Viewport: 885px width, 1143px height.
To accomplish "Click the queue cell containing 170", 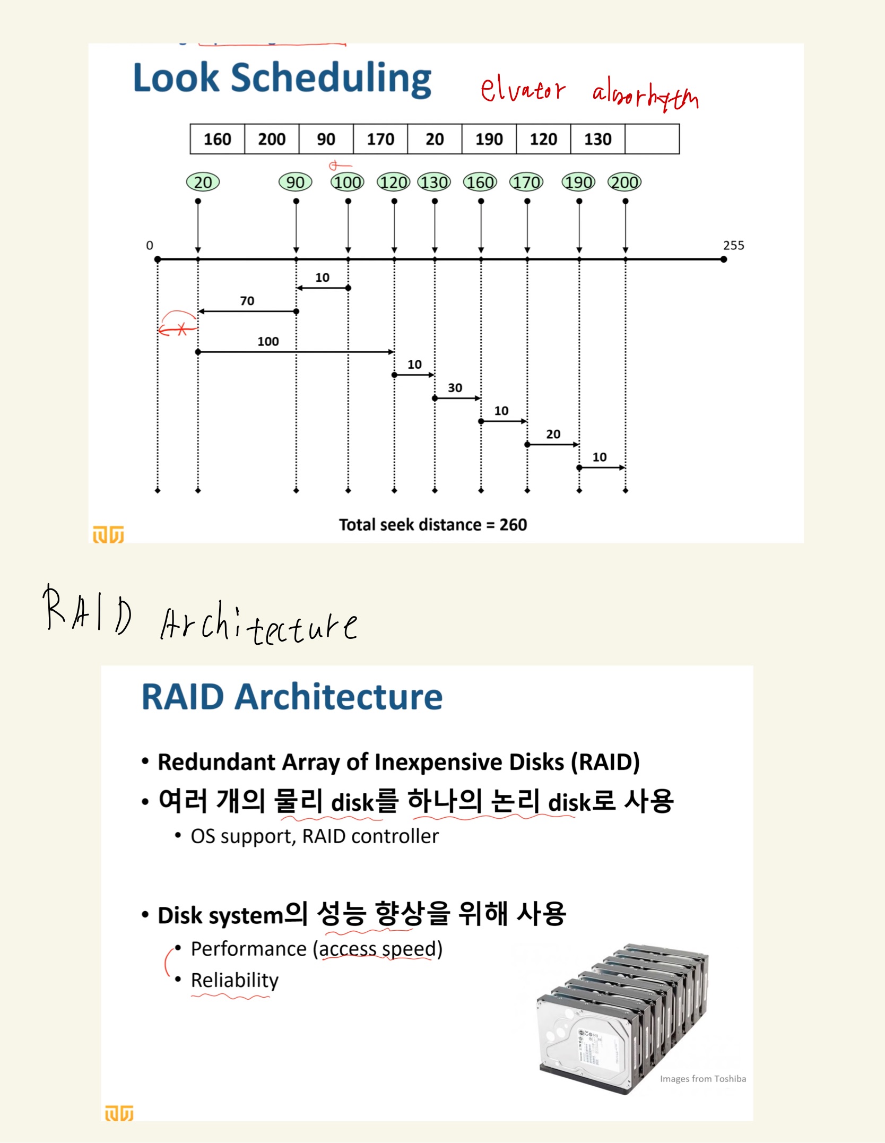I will click(x=380, y=140).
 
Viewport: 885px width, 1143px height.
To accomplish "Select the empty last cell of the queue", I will click(x=652, y=140).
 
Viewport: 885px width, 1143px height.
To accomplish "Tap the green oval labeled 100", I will click(x=348, y=183).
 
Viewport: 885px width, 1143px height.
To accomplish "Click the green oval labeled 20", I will click(x=203, y=183).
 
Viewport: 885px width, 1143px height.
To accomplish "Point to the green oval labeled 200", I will click(x=624, y=183).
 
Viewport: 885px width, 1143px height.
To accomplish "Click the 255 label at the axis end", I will click(x=733, y=246).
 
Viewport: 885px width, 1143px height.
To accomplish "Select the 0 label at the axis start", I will click(x=150, y=246).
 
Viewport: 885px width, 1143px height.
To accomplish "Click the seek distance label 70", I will click(x=247, y=301).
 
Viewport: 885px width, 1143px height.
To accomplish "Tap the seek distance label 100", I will click(x=268, y=342).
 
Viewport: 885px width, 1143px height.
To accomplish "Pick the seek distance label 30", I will click(x=455, y=388).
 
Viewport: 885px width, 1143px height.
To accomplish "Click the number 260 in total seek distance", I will click(x=513, y=525).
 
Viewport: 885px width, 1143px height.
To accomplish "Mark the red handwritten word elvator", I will click(x=523, y=90).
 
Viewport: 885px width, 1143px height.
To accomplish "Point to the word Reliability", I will click(x=235, y=980).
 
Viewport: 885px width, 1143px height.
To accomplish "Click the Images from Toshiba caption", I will click(x=702, y=1079).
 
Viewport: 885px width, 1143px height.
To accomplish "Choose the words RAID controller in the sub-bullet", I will click(x=370, y=836).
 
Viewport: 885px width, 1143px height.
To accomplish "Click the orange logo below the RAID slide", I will click(x=119, y=1113).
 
